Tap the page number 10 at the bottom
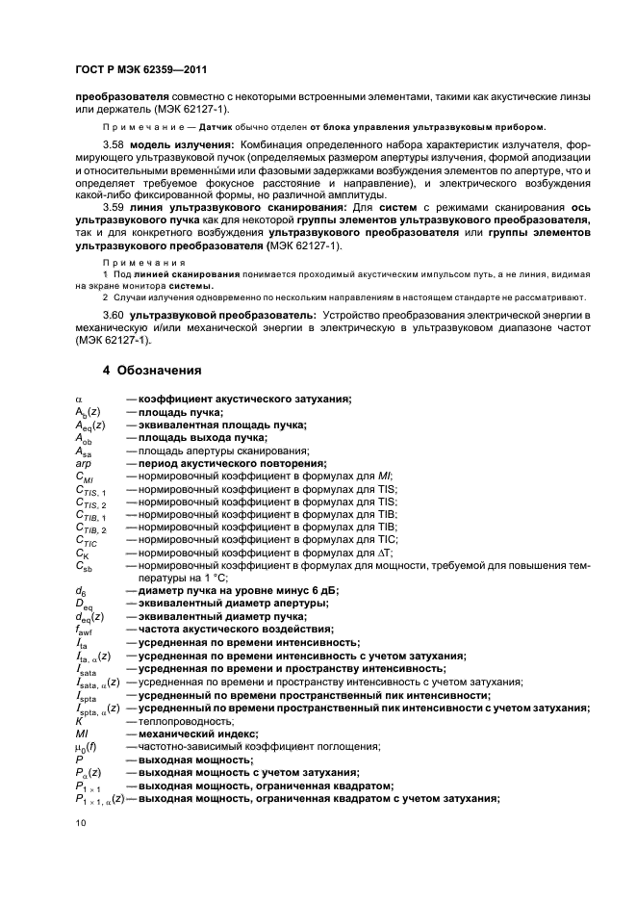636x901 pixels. coord(81,823)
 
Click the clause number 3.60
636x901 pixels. coord(114,315)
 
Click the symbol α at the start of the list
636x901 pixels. coord(78,399)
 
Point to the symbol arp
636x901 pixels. coord(82,463)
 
